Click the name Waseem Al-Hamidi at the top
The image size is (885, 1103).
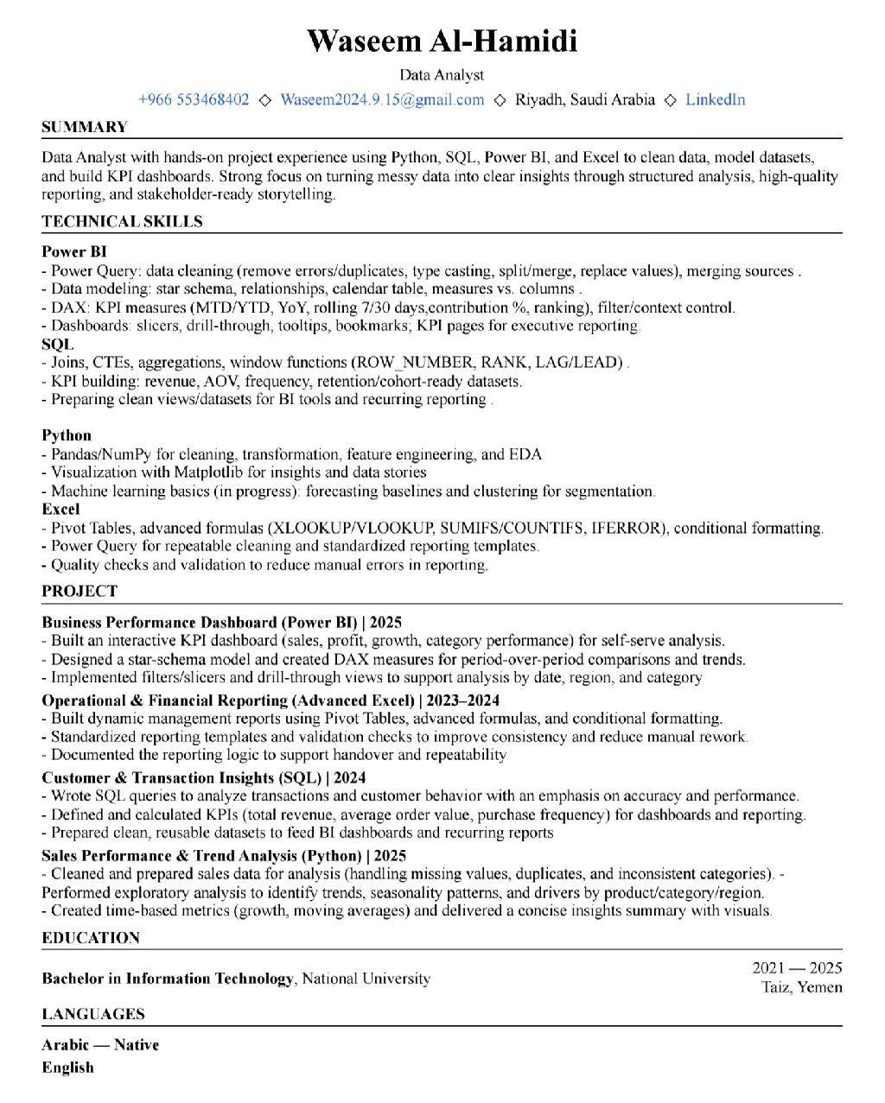(442, 41)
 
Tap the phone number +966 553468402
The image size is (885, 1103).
(194, 99)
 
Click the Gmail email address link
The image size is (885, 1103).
(382, 99)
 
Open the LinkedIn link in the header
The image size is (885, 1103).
(715, 99)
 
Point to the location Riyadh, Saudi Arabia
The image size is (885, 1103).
(585, 99)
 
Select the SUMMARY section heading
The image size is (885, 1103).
(85, 127)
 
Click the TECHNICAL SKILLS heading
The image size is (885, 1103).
(122, 221)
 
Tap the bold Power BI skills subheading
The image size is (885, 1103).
(74, 252)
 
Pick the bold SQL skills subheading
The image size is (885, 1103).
(58, 344)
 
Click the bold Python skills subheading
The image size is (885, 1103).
(67, 435)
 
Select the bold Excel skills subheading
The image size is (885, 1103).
(60, 509)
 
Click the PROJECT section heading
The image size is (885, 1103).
(79, 591)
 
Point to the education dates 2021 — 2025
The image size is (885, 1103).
(797, 968)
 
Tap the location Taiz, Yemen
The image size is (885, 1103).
(801, 987)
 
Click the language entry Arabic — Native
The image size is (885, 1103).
(100, 1045)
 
